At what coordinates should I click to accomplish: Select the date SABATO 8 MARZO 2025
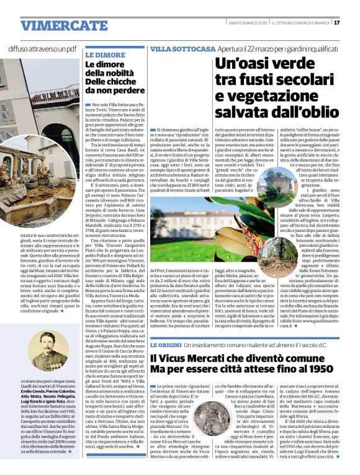(245, 23)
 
